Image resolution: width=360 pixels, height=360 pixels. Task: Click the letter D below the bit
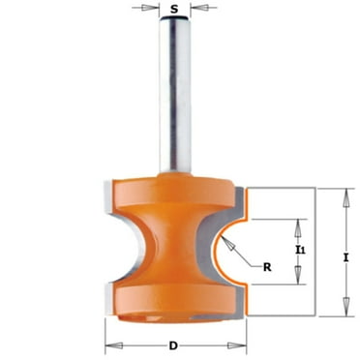click(x=173, y=345)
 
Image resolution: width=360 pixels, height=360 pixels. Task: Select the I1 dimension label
click(x=301, y=251)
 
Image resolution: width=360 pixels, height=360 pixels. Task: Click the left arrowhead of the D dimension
click(x=108, y=345)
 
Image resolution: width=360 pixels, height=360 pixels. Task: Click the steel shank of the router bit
click(x=175, y=97)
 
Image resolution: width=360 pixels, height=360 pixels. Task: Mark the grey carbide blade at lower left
click(x=109, y=295)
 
